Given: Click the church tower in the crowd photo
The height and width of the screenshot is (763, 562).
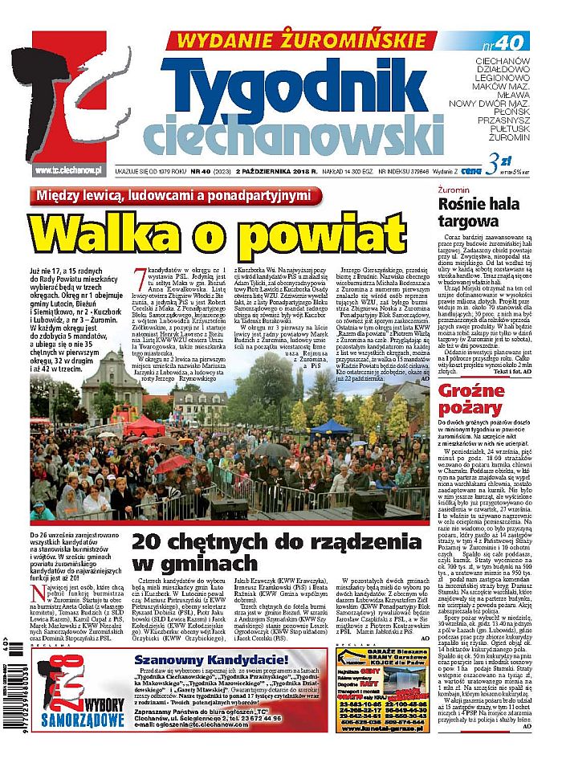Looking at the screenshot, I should pyautogui.click(x=112, y=386).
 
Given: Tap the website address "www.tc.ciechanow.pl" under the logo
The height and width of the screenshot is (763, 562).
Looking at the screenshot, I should pyautogui.click(x=68, y=169).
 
